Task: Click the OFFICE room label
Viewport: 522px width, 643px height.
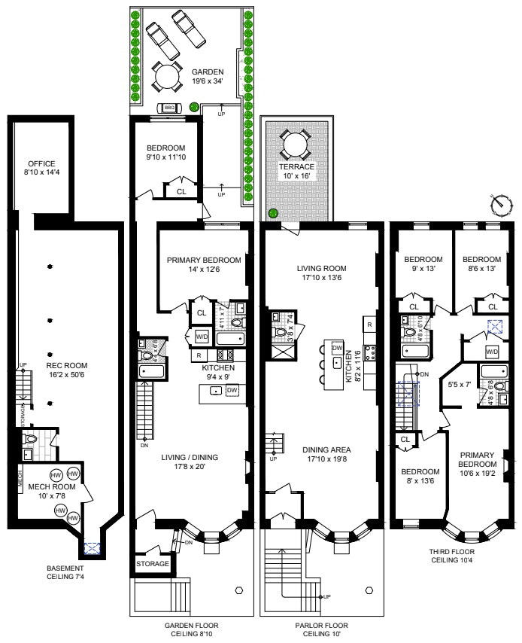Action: tap(41, 168)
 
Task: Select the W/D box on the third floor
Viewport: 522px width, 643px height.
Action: tap(492, 352)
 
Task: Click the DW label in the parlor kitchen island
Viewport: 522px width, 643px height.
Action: tap(337, 348)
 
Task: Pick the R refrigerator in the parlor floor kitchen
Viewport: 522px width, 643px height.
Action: tap(369, 324)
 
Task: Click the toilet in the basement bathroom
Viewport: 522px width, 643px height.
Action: tap(31, 437)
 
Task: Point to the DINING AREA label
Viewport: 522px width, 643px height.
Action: tap(321, 455)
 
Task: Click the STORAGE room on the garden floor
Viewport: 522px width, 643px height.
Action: tap(152, 563)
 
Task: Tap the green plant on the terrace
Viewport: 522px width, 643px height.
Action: tap(272, 213)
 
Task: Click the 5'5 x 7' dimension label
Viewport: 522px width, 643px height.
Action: tap(458, 385)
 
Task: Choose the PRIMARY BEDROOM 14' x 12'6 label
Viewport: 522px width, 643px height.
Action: tap(204, 265)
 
